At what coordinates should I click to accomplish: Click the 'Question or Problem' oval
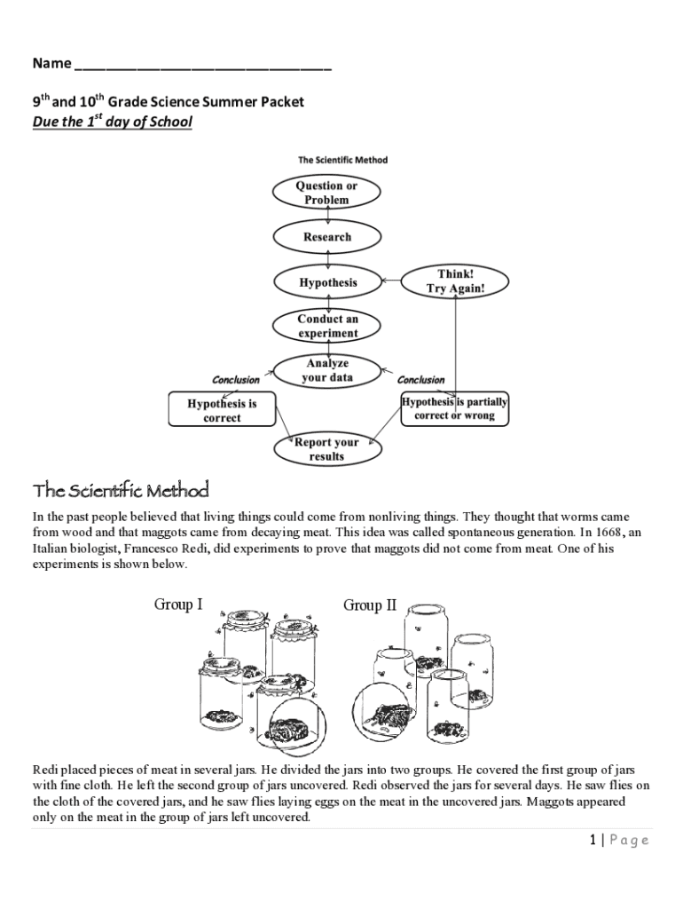pos(326,193)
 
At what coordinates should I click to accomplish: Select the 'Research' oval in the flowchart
pos(326,237)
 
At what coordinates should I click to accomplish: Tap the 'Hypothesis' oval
pos(327,282)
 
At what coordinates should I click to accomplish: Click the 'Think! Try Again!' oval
pos(455,281)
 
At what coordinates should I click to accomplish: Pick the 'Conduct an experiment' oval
pos(327,326)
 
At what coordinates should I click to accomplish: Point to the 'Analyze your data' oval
pos(327,370)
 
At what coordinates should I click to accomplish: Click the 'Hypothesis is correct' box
pos(222,410)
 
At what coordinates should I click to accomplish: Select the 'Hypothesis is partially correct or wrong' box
pos(455,408)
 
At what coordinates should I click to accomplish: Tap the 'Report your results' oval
pos(326,449)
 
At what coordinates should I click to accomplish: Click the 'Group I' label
pos(178,605)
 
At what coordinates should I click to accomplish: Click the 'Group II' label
pos(369,605)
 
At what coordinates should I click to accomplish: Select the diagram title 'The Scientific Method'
pos(342,161)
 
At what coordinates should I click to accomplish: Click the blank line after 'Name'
pos(203,67)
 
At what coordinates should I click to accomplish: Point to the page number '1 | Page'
pos(618,841)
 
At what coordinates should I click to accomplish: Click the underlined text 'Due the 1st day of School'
pos(112,122)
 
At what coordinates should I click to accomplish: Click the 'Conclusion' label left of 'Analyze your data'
pos(236,380)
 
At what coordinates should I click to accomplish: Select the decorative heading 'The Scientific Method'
pos(121,490)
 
